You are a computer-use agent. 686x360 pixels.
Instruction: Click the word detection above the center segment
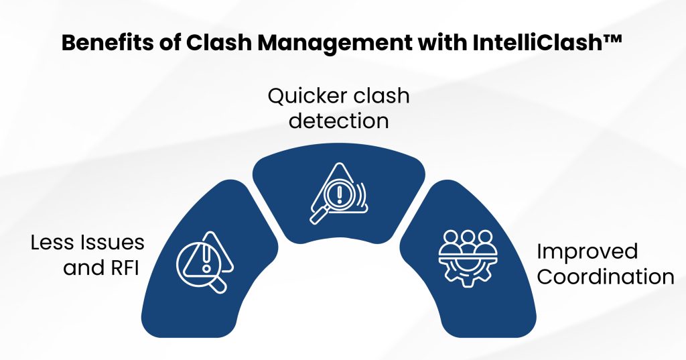tap(338, 121)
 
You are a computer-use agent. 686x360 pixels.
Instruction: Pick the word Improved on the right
tap(588, 251)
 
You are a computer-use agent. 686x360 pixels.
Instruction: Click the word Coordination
tap(606, 277)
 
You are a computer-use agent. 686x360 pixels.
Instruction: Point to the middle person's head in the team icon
tap(466, 237)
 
